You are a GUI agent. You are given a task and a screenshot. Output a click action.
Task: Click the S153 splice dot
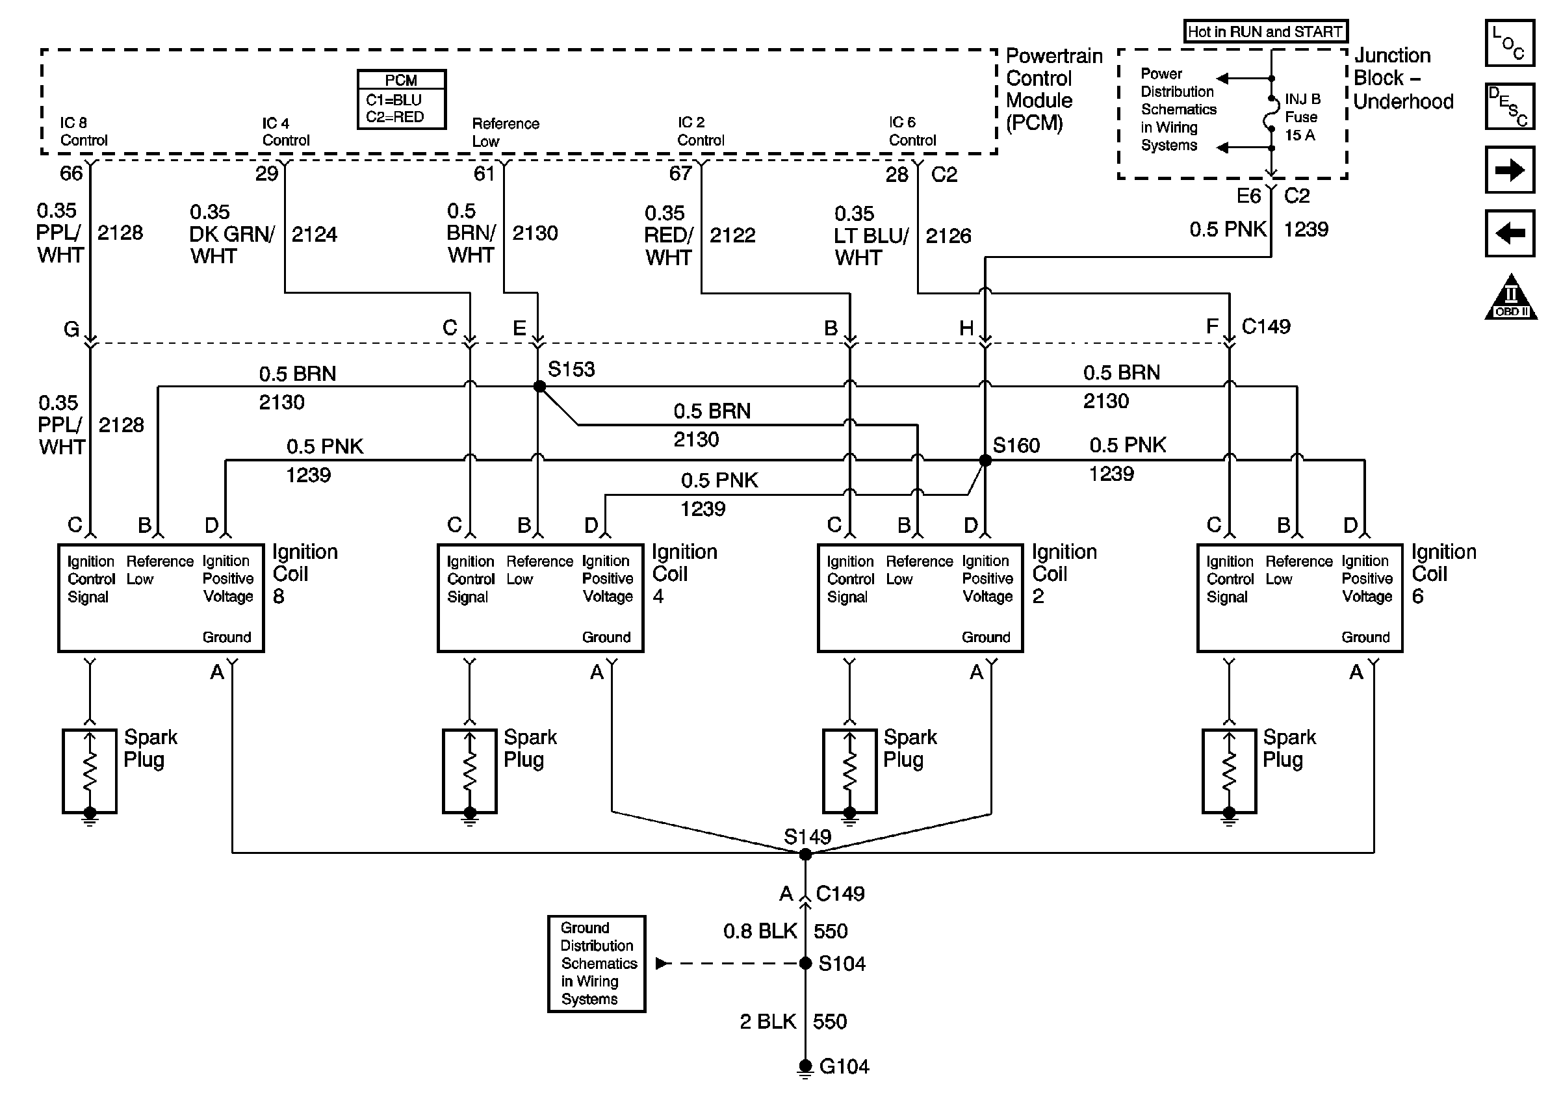click(x=539, y=386)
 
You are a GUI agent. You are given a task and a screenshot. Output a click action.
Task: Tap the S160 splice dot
click(x=985, y=460)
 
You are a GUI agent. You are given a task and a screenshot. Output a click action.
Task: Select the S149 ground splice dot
click(x=805, y=855)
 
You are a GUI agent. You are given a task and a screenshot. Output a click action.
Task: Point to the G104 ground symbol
click(x=805, y=1067)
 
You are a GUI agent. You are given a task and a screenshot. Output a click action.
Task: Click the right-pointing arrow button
click(x=1509, y=170)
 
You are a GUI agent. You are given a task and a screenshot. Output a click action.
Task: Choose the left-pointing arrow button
click(x=1509, y=233)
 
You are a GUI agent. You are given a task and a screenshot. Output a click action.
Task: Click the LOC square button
click(x=1509, y=43)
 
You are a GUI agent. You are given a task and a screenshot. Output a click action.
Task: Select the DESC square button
click(x=1509, y=106)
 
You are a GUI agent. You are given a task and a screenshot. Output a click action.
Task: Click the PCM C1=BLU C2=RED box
click(x=402, y=99)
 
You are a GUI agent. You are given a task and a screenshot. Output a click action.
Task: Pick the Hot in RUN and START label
click(x=1265, y=31)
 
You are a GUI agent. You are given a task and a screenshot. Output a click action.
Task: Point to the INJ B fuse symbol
click(x=1271, y=114)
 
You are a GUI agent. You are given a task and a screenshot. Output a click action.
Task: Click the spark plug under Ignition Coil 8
click(x=90, y=771)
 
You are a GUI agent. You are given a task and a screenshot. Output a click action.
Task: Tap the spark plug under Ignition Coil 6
click(x=1229, y=771)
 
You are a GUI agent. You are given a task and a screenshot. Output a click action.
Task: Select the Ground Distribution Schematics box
click(x=596, y=963)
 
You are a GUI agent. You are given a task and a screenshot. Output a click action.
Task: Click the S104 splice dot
click(x=805, y=963)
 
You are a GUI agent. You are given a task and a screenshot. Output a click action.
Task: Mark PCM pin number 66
click(x=71, y=174)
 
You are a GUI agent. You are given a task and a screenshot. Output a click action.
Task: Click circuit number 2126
click(x=948, y=236)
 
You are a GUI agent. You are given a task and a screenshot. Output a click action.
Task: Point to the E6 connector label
click(x=1248, y=196)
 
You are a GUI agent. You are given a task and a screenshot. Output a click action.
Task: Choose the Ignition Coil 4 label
click(x=684, y=573)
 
